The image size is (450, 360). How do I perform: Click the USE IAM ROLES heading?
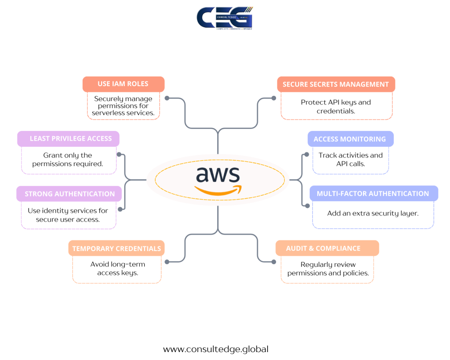(123, 84)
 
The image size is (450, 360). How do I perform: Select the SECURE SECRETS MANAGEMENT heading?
(336, 84)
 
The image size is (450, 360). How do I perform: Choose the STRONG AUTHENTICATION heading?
(69, 194)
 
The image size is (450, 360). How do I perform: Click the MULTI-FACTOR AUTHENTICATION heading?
(373, 193)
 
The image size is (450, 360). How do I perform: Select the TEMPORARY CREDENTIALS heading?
(116, 248)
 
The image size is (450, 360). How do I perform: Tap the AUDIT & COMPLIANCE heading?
(323, 248)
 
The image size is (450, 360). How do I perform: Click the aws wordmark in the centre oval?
(218, 175)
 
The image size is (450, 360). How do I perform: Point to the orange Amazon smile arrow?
(218, 190)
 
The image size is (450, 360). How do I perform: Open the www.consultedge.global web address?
(216, 349)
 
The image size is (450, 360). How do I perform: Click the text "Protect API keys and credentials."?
(336, 106)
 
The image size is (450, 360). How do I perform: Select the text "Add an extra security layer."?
(373, 213)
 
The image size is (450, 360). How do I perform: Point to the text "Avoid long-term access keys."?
(117, 268)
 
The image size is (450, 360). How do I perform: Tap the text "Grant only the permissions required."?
(68, 160)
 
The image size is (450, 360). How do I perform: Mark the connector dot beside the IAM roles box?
(167, 98)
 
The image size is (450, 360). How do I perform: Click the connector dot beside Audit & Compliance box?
(274, 262)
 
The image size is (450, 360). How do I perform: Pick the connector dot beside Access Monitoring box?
(306, 155)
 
